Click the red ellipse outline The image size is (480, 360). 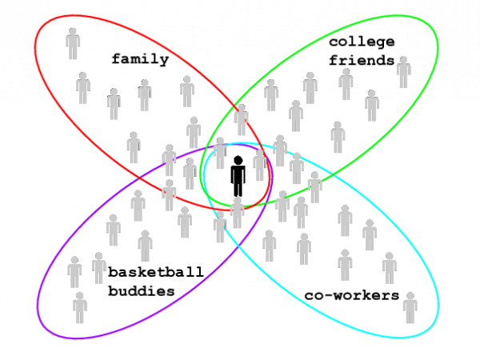(35, 48)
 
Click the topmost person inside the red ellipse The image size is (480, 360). (73, 44)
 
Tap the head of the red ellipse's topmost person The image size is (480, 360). (73, 33)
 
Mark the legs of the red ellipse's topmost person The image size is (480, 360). (73, 53)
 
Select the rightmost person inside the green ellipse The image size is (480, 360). (403, 73)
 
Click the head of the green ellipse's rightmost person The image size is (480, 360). (403, 61)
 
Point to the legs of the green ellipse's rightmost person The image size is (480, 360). (403, 82)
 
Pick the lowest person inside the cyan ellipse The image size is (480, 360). (410, 308)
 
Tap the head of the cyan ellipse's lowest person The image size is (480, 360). (410, 297)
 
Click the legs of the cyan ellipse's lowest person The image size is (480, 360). (410, 317)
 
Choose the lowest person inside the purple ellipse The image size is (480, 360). (80, 308)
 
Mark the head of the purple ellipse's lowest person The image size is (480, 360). (80, 297)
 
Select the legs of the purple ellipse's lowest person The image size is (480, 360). (80, 317)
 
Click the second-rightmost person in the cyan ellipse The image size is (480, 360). (389, 268)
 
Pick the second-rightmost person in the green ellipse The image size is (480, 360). (372, 106)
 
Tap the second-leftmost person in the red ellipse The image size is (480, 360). (83, 88)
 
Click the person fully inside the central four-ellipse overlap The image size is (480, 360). (237, 213)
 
